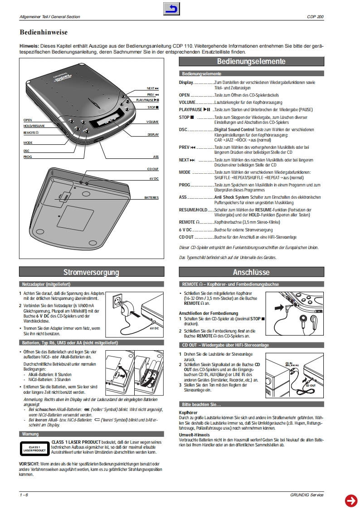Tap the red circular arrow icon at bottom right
pyautogui.click(x=351, y=500)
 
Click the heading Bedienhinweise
pyautogui.click(x=44, y=33)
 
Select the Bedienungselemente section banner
pyautogui.click(x=251, y=62)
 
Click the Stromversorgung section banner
pyautogui.click(x=91, y=272)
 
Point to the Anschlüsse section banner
pyautogui.click(x=251, y=272)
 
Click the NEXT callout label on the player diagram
pyautogui.click(x=152, y=88)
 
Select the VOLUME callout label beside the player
pyautogui.click(x=152, y=122)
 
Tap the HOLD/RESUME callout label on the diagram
pyautogui.click(x=34, y=126)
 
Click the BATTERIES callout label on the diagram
pyautogui.click(x=151, y=198)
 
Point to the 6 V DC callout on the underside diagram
pyautogui.click(x=154, y=178)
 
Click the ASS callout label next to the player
pyautogui.click(x=156, y=157)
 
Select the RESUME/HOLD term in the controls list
pyautogui.click(x=193, y=210)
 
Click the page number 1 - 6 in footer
pyautogui.click(x=24, y=494)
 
